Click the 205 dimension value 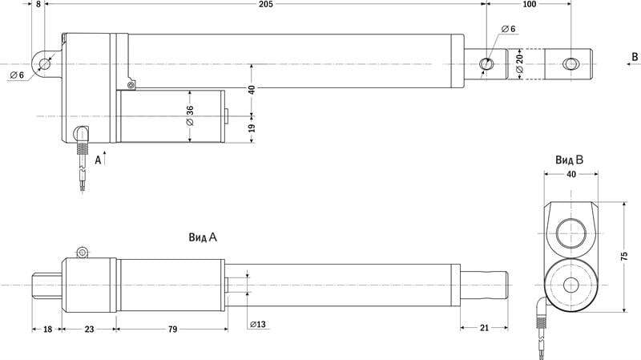tap(265, 4)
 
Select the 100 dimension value tap(529, 4)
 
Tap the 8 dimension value tap(38, 4)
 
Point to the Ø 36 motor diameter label tap(190, 115)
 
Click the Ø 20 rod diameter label tap(519, 63)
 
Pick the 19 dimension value tap(252, 128)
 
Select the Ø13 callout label tap(257, 325)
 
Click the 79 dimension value tap(172, 329)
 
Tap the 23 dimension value tap(89, 329)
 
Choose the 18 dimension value tap(47, 329)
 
